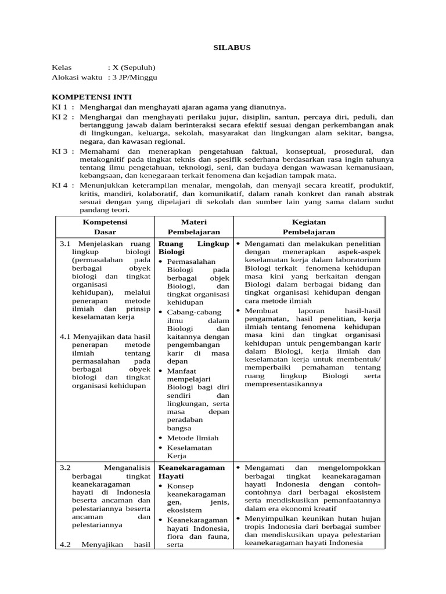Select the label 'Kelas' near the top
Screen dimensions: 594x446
coord(62,67)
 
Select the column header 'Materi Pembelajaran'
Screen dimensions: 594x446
coord(194,226)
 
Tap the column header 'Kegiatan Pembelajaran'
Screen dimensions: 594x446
coord(309,226)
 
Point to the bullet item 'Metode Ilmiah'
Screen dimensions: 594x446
coord(193,437)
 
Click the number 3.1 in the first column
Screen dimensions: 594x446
coord(65,244)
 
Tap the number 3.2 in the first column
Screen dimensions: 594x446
coord(65,467)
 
